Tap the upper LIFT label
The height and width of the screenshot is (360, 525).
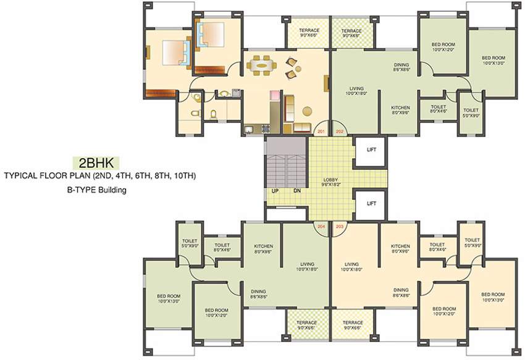[371, 149]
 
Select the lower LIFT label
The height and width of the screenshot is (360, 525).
[371, 203]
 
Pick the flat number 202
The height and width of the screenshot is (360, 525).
[339, 132]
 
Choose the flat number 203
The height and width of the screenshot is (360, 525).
[339, 227]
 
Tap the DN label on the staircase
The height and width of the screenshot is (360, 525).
[296, 190]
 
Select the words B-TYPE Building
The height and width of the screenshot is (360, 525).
[97, 190]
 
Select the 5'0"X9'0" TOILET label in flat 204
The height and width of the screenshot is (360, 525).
[189, 243]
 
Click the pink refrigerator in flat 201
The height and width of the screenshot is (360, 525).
[273, 96]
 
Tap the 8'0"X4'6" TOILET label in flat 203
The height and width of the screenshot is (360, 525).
[438, 247]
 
